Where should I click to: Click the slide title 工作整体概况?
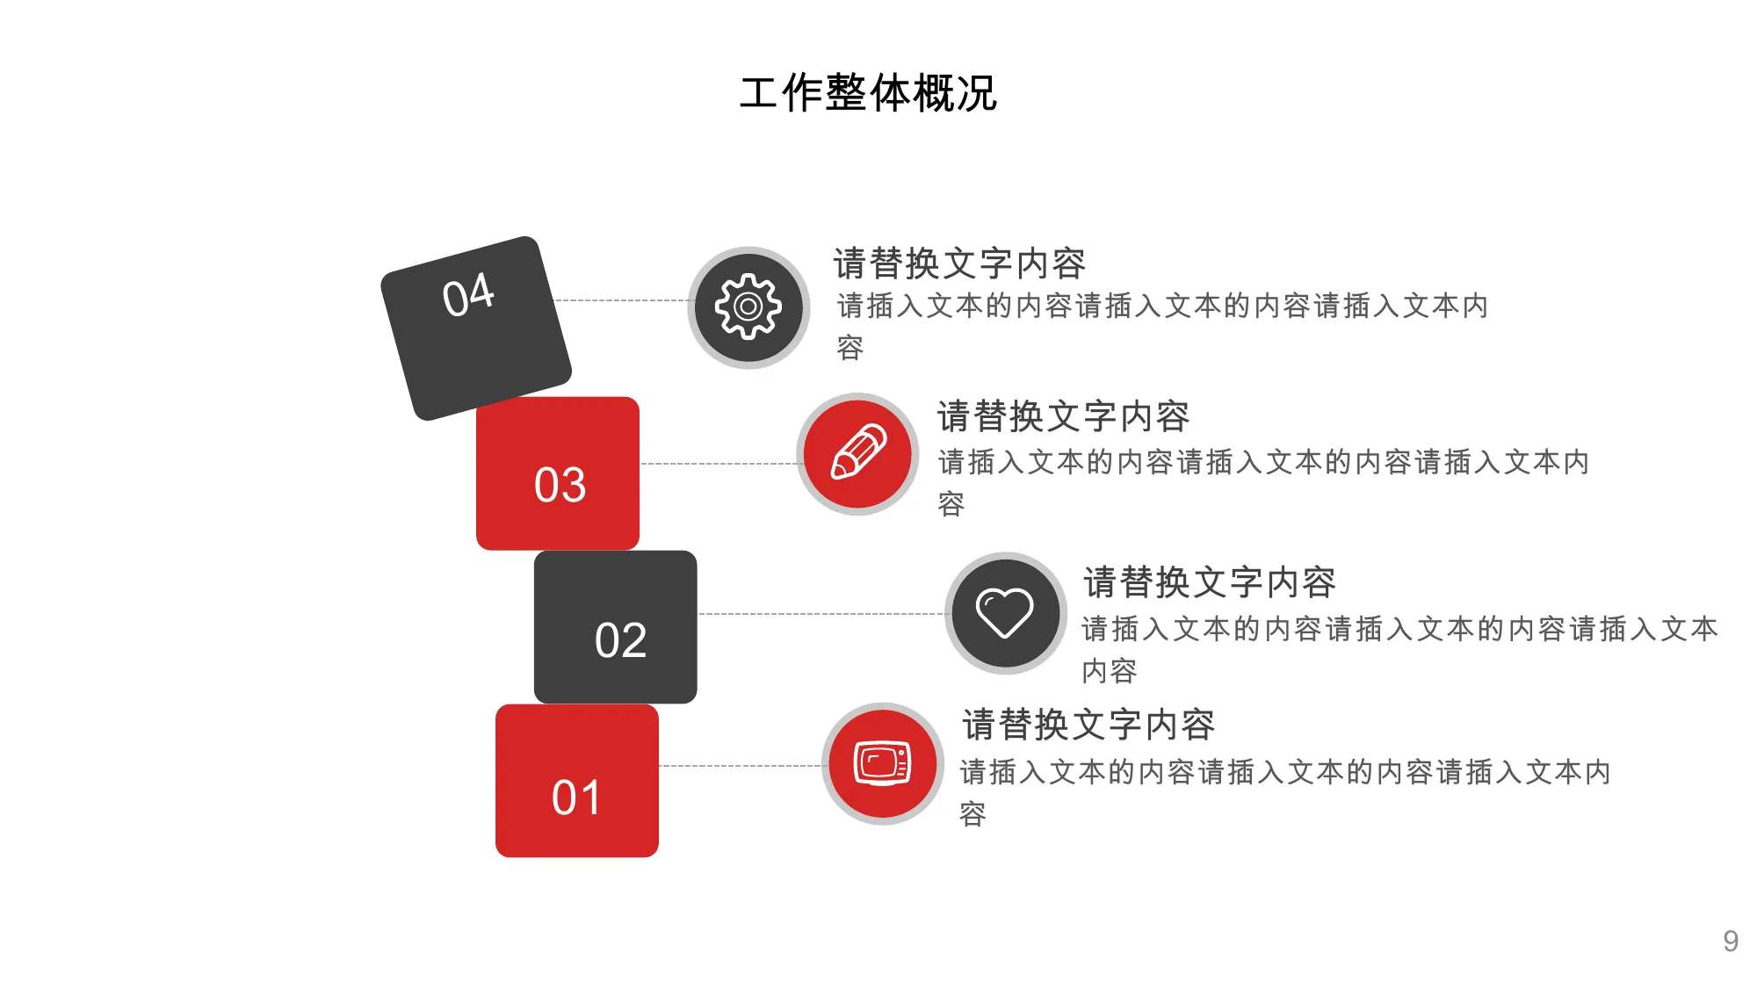(x=868, y=93)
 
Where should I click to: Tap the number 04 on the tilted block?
(x=468, y=294)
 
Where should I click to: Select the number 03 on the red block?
(x=560, y=484)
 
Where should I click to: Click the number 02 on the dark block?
(x=620, y=639)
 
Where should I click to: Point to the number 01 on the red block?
(x=576, y=798)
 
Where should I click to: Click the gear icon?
(x=748, y=307)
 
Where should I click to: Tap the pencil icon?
(x=858, y=451)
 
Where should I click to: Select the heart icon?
(x=1005, y=612)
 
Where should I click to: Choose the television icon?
(x=882, y=763)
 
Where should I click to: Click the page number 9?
(x=1731, y=941)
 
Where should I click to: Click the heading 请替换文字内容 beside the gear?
(x=959, y=263)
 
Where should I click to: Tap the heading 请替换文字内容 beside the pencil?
(x=1063, y=416)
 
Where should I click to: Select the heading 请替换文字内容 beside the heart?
(x=1210, y=582)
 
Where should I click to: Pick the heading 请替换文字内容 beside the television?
(x=1088, y=725)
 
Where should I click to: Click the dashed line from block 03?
(x=719, y=464)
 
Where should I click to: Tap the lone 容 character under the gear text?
(x=850, y=348)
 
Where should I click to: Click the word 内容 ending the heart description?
(x=1110, y=671)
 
